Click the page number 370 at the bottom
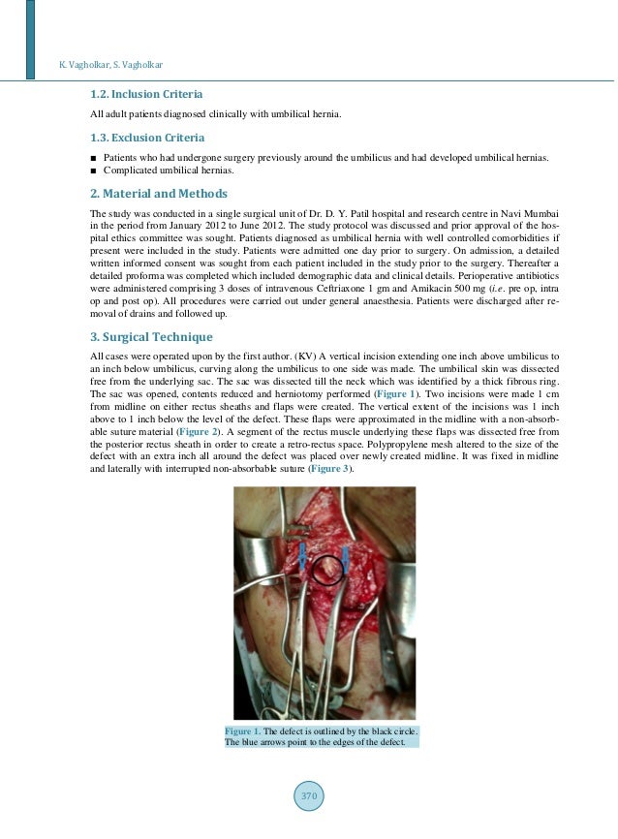click(308, 796)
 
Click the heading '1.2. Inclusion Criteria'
click(146, 95)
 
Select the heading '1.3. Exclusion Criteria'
click(147, 138)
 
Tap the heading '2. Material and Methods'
click(158, 193)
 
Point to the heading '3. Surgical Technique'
click(151, 337)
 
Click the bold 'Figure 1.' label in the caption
click(238, 730)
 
